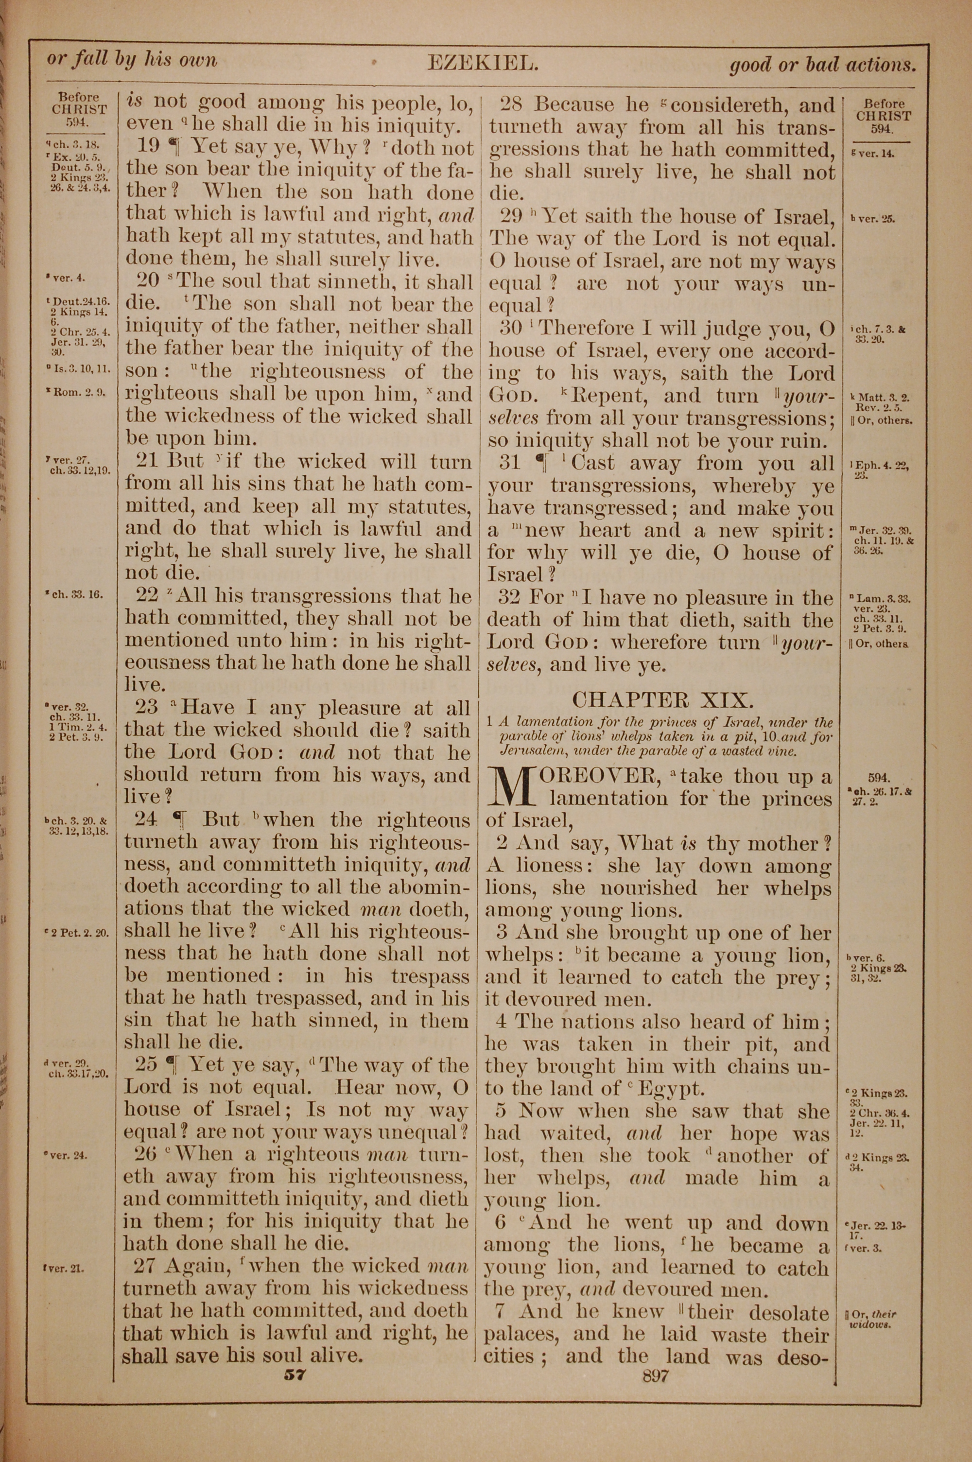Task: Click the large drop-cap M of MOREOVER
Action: [511, 786]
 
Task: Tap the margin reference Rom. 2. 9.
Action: [81, 392]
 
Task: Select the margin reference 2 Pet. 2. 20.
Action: [79, 932]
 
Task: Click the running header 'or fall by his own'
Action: [132, 60]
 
